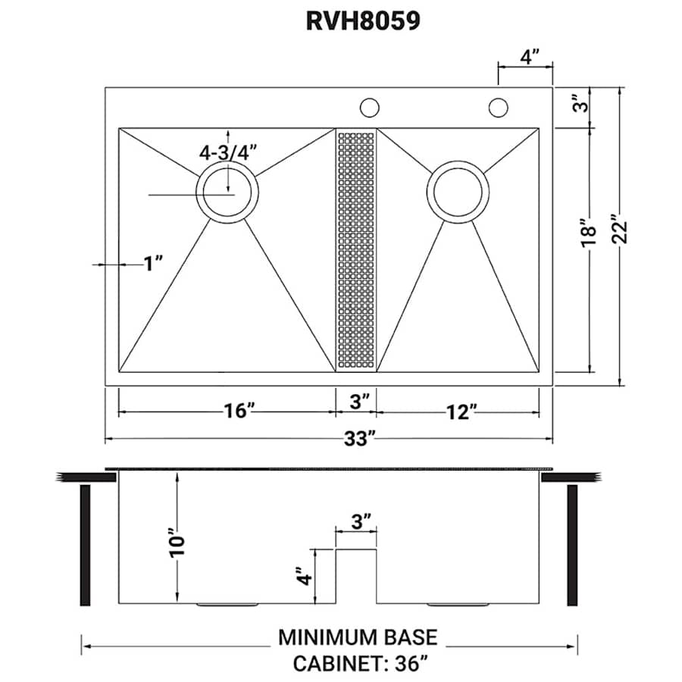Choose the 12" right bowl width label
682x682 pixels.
(461, 411)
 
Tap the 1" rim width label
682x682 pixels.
(154, 264)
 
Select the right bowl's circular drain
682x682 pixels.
(458, 192)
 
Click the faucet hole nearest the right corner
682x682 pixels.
(498, 108)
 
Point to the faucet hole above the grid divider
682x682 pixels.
(369, 108)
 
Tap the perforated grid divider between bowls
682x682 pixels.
(355, 250)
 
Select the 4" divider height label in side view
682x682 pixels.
(303, 577)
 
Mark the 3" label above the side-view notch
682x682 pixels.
(361, 522)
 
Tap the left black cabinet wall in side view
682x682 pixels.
(86, 544)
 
